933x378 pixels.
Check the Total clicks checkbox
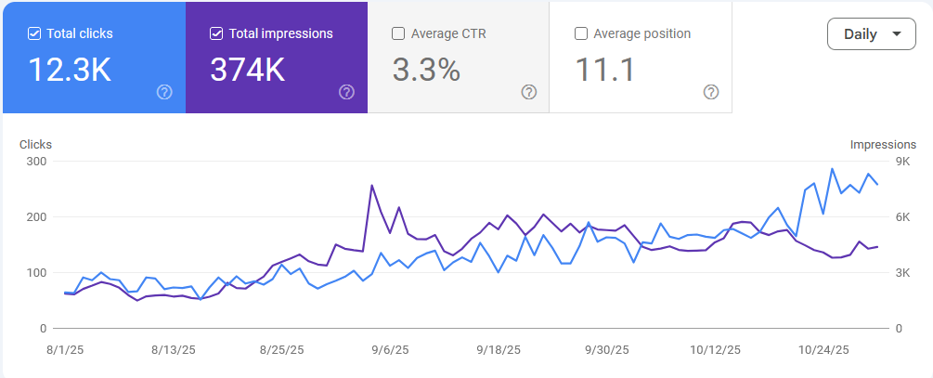(34, 34)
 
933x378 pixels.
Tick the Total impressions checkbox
(216, 34)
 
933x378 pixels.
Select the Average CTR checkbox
(398, 34)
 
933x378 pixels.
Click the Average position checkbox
(581, 34)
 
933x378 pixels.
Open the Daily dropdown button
(872, 34)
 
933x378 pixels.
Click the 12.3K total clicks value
(70, 70)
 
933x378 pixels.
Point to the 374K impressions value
(248, 70)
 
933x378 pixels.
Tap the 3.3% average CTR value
(426, 70)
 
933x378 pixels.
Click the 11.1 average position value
(604, 70)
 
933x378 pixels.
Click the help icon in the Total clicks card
(164, 92)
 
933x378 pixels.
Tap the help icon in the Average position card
(711, 92)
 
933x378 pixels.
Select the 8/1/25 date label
(64, 349)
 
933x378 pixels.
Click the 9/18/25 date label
(499, 349)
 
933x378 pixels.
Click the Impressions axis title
(883, 145)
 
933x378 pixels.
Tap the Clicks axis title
(35, 145)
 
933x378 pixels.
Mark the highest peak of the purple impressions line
(372, 185)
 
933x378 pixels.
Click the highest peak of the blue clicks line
(833, 168)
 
